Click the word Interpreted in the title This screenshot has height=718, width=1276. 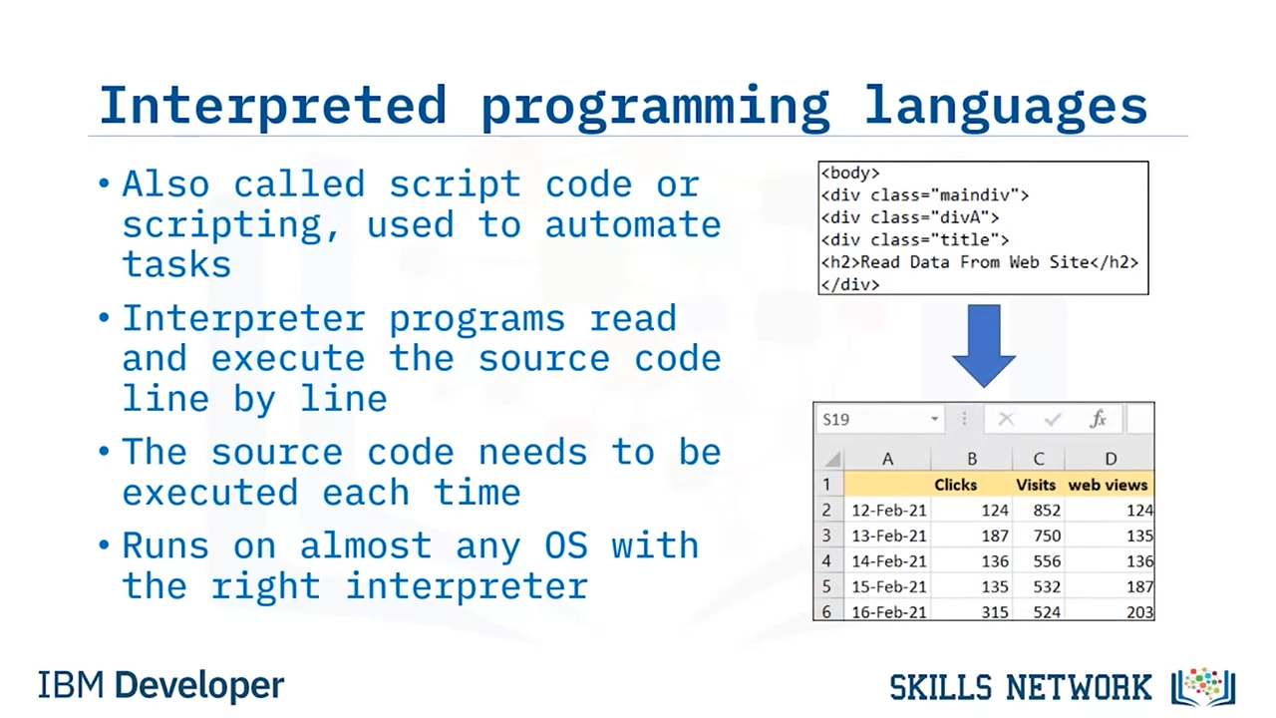tap(273, 106)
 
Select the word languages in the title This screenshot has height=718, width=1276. tap(1006, 107)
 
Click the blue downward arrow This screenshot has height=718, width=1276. tap(984, 346)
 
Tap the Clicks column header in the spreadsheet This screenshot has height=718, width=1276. tap(955, 485)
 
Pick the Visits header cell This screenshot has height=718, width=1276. tap(1036, 485)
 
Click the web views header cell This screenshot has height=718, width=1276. tap(1108, 485)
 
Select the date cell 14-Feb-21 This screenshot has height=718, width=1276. tap(889, 561)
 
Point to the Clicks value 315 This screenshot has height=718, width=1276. tap(995, 612)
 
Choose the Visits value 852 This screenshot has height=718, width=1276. tap(1047, 510)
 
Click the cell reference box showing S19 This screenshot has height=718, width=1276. tap(879, 420)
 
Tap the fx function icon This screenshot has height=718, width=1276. tap(1098, 420)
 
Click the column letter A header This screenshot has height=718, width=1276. tap(887, 459)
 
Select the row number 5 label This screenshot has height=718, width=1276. tap(826, 586)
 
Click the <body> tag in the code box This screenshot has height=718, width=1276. tap(850, 174)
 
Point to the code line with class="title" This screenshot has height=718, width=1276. tap(915, 240)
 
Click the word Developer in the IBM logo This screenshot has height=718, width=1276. tap(199, 686)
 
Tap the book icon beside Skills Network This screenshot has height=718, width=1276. tap(1203, 687)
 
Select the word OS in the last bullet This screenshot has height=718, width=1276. tap(565, 545)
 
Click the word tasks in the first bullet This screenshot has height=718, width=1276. tap(176, 265)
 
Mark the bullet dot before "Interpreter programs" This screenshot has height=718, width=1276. tap(104, 317)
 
